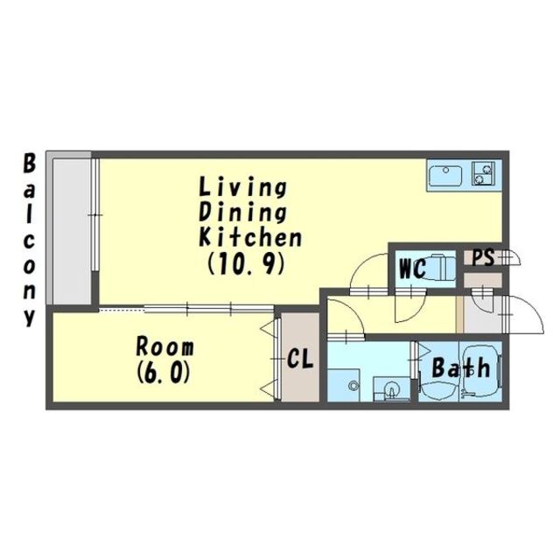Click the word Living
243,187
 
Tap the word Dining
243,213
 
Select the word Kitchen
251,236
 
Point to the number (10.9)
246,263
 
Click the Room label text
165,347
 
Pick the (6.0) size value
163,374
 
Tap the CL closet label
300,359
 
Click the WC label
413,269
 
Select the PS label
484,257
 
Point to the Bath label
461,367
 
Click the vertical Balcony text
30,240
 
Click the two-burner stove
483,173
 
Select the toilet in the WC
441,266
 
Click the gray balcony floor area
72,231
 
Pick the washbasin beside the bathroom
391,388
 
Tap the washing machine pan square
344,385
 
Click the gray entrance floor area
482,315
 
